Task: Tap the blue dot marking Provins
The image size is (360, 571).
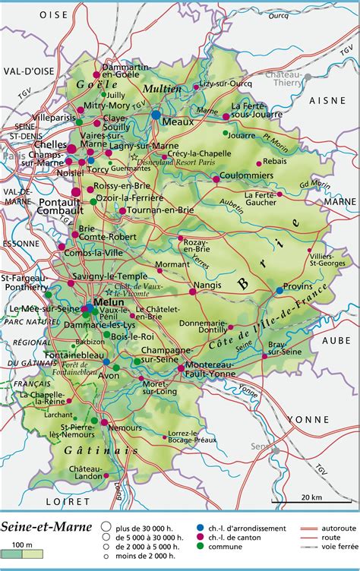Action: point(279,289)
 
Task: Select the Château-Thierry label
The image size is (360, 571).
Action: point(283,80)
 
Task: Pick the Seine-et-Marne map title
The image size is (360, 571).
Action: point(47,525)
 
